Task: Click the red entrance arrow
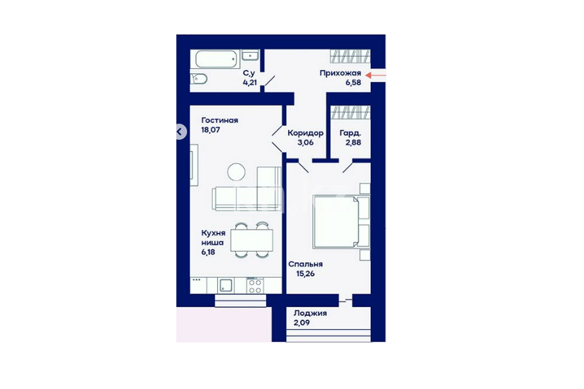pyautogui.click(x=375, y=75)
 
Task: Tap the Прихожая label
pyautogui.click(x=341, y=74)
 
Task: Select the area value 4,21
pyautogui.click(x=249, y=82)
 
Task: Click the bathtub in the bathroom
pyautogui.click(x=216, y=59)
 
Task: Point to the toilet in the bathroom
pyautogui.click(x=199, y=78)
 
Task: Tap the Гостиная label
pyautogui.click(x=220, y=120)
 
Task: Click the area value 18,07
pyautogui.click(x=210, y=130)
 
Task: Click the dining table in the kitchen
pyautogui.click(x=252, y=241)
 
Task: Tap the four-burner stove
pyautogui.click(x=255, y=286)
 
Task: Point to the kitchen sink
pyautogui.click(x=226, y=286)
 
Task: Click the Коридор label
pyautogui.click(x=305, y=133)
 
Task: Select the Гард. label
pyautogui.click(x=350, y=133)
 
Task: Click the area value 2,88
pyautogui.click(x=353, y=143)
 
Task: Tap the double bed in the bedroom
pyautogui.click(x=342, y=222)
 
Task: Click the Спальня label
pyautogui.click(x=305, y=264)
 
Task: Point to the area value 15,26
pyautogui.click(x=305, y=274)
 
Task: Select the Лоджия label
pyautogui.click(x=310, y=313)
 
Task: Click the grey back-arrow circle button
pyautogui.click(x=180, y=131)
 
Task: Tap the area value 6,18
pyautogui.click(x=208, y=252)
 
